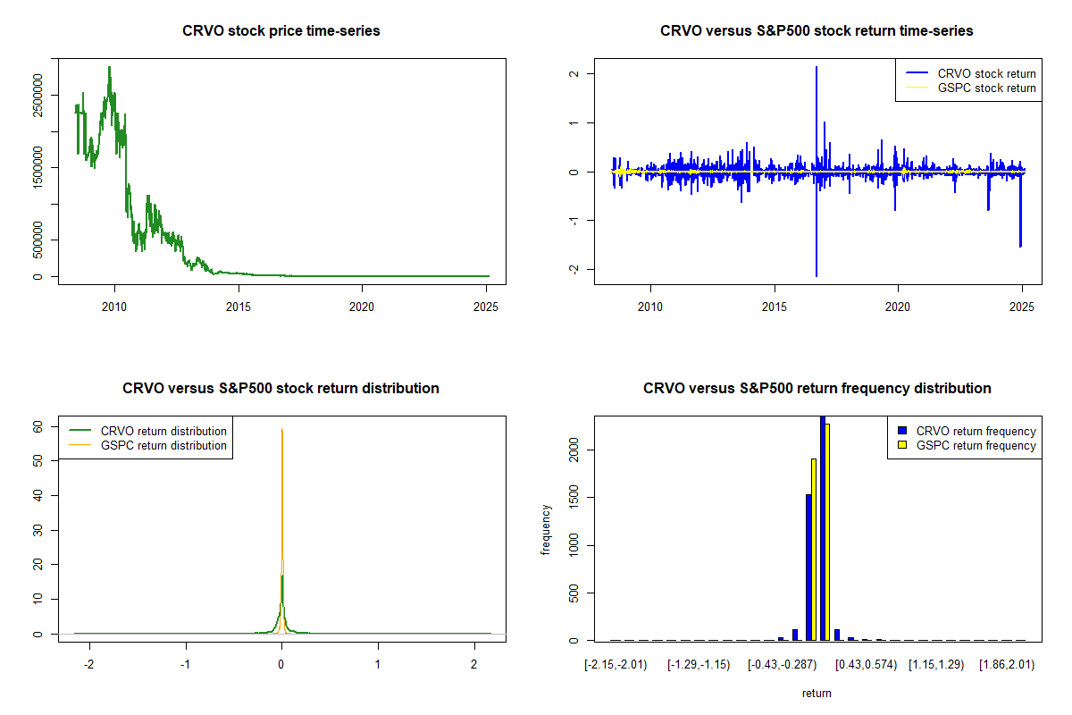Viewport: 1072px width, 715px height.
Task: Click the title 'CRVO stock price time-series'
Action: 281,30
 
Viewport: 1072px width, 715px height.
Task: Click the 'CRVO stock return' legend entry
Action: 986,73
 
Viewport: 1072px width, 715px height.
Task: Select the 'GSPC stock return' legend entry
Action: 986,88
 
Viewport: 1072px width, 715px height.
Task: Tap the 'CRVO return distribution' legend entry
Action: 163,431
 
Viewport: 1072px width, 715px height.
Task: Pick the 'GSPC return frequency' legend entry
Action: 976,445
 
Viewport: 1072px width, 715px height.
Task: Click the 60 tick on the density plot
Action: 38,426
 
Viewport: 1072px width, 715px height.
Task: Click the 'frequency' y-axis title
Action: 546,530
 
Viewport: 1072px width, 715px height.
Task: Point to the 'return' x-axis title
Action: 817,693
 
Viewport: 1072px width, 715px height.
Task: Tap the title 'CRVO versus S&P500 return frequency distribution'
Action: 817,388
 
